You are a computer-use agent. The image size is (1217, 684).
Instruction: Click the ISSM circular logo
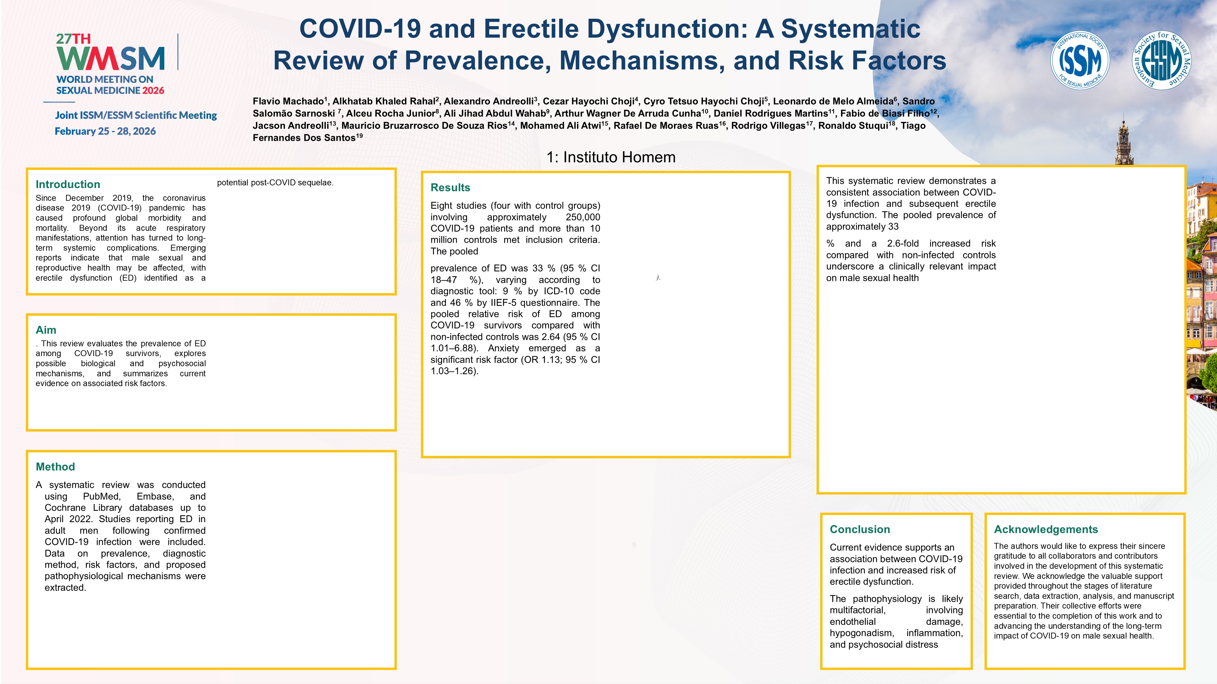[1080, 60]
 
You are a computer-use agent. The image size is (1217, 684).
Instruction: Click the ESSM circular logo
[1162, 60]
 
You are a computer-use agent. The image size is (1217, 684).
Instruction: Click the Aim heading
[46, 330]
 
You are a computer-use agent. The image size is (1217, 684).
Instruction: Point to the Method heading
[55, 467]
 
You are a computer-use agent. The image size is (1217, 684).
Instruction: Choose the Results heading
[450, 187]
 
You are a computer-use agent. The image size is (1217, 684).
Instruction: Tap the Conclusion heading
[860, 529]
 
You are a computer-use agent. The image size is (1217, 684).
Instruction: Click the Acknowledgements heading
[1046, 529]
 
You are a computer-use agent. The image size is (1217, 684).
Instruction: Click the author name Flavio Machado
[288, 101]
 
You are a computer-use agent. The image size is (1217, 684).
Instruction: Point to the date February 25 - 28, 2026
[105, 131]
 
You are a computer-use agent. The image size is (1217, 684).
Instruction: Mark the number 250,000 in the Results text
[583, 217]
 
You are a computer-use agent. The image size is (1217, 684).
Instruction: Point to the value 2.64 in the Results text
[551, 337]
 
